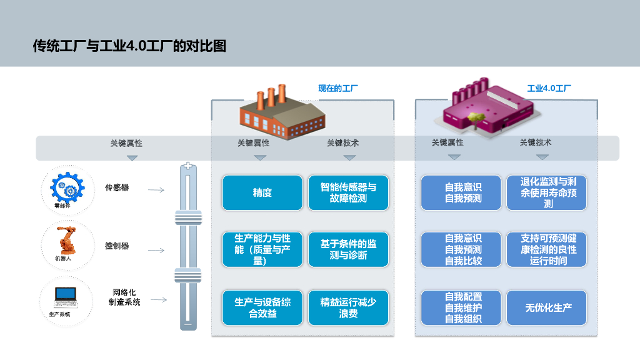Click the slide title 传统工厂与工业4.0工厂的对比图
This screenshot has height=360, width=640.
tap(129, 46)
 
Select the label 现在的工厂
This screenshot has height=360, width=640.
tap(338, 88)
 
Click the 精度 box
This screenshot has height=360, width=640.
tap(262, 192)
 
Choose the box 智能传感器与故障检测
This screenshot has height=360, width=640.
tap(348, 192)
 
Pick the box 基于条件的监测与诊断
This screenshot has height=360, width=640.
tap(348, 249)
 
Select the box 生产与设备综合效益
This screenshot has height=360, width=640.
tap(262, 307)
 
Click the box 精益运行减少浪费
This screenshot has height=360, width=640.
tap(348, 307)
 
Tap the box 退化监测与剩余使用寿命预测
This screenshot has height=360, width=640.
tap(548, 192)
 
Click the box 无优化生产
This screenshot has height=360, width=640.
tap(548, 307)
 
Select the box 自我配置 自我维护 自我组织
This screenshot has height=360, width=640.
tap(463, 307)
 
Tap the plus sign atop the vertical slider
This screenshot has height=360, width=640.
tap(188, 167)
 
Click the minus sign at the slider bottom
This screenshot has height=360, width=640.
tap(188, 324)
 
